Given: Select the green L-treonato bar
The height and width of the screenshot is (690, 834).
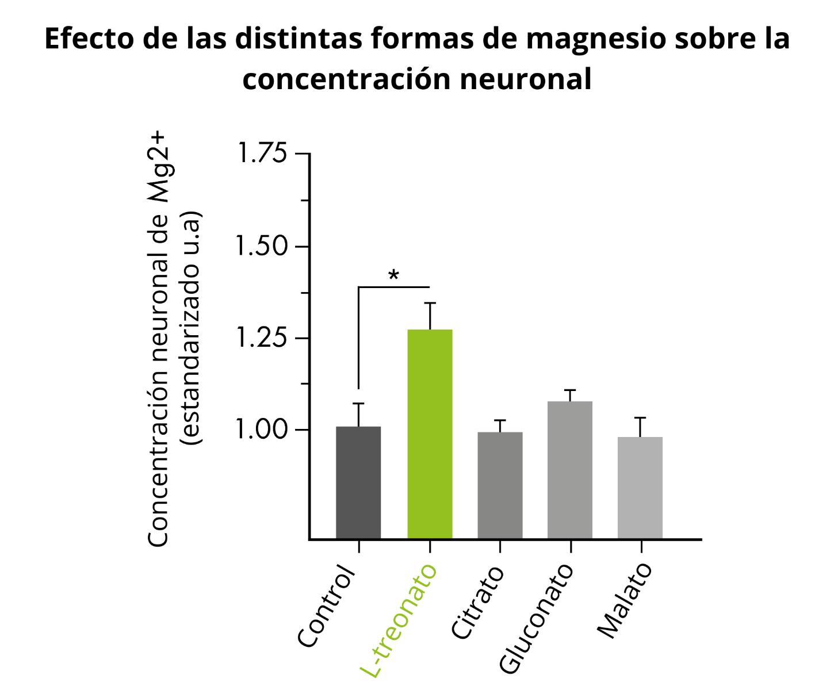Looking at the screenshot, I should [x=430, y=434].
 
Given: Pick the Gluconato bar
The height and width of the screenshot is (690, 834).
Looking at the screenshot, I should [x=570, y=470].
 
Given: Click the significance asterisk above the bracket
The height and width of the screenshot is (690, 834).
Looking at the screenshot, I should [x=393, y=276].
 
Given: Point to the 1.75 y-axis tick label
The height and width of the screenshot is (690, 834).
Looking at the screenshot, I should [x=262, y=154].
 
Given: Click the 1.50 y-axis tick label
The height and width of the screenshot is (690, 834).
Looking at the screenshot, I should [x=262, y=246].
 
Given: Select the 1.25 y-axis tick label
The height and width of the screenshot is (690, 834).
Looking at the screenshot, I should [x=262, y=338].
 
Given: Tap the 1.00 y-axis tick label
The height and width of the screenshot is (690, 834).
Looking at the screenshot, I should [x=262, y=430].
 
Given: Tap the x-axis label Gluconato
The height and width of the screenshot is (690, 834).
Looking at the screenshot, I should [x=537, y=618].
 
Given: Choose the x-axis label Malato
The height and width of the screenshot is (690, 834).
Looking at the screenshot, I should [x=625, y=601].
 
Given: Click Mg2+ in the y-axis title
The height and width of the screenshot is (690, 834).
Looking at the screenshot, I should [x=158, y=167].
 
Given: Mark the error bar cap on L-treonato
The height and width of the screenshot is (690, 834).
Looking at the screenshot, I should [x=430, y=303].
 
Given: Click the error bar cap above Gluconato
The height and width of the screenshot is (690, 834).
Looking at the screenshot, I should [x=570, y=390].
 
